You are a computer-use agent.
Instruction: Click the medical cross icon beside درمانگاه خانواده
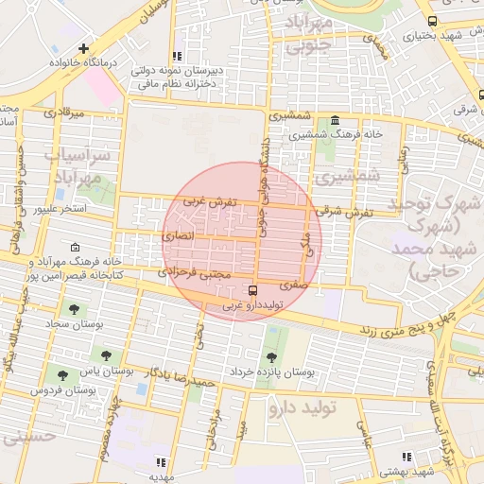(x=85, y=47)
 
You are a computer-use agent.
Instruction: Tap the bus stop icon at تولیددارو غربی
(x=251, y=290)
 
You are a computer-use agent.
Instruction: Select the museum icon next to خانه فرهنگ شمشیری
(x=336, y=120)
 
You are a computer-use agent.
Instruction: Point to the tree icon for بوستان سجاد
(x=74, y=309)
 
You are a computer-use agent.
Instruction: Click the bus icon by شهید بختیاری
(x=432, y=21)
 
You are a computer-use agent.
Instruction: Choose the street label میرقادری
(x=63, y=112)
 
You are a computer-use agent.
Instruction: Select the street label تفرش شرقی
(x=349, y=214)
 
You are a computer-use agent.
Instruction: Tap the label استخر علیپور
(x=60, y=207)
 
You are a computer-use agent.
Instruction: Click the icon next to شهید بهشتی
(x=406, y=458)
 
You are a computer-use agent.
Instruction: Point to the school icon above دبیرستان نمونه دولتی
(x=177, y=56)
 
